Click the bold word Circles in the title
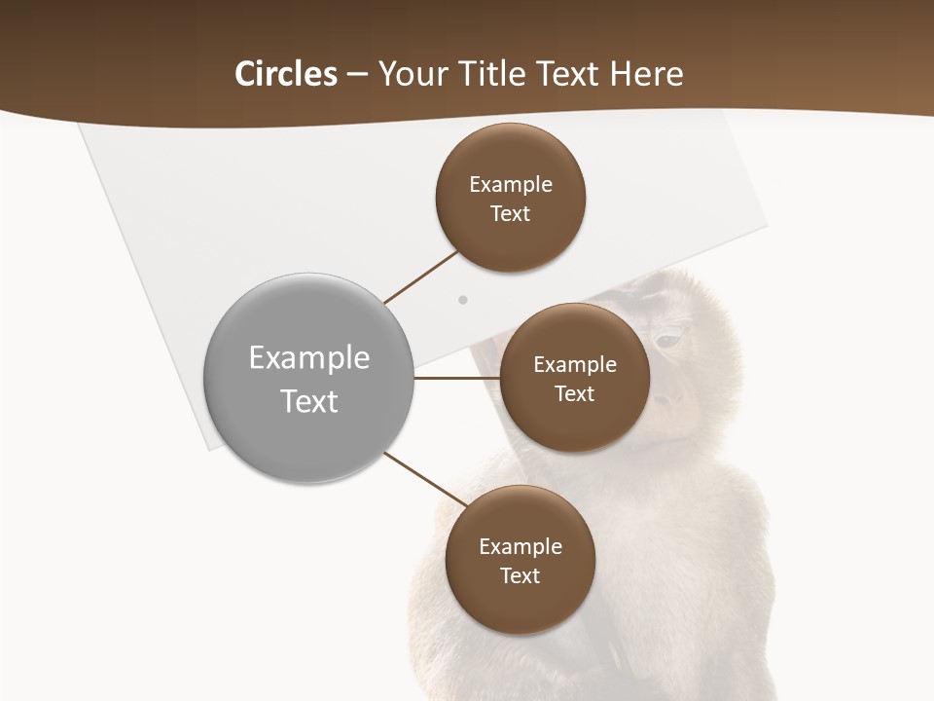(286, 74)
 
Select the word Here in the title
(646, 74)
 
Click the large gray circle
(308, 378)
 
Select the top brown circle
(510, 197)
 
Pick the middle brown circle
(574, 378)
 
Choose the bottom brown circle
(520, 560)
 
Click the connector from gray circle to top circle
(421, 276)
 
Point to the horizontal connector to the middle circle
(456, 378)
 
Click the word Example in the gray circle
(308, 357)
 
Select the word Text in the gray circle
(308, 400)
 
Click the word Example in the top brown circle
(510, 184)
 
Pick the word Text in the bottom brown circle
(520, 575)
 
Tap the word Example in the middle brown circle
(574, 364)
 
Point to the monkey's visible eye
(666, 341)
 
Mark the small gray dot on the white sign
(463, 300)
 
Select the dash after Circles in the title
(357, 74)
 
